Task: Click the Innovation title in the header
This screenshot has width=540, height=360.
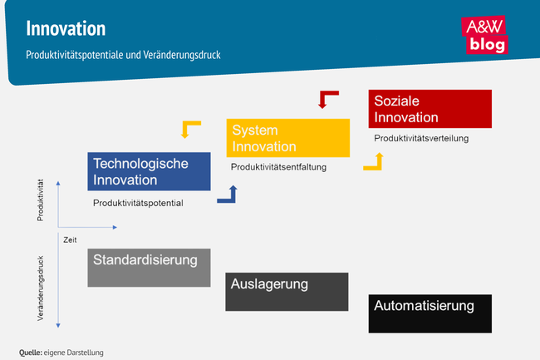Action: click(66, 28)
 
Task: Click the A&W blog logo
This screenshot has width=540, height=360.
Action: click(486, 36)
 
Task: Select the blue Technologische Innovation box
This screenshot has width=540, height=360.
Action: click(149, 171)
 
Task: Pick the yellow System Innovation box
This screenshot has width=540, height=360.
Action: click(287, 138)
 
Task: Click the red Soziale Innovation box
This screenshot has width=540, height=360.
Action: click(430, 109)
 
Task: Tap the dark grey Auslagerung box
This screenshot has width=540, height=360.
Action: click(287, 292)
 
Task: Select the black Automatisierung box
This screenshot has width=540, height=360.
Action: click(430, 313)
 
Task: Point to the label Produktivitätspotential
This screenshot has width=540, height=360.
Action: click(138, 203)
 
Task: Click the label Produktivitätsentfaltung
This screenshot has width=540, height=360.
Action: click(278, 167)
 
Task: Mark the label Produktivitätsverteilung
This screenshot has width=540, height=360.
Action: click(421, 138)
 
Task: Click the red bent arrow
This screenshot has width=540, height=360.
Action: click(330, 100)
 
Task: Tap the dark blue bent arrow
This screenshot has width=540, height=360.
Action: click(227, 195)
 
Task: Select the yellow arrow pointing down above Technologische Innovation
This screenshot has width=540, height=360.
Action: click(191, 129)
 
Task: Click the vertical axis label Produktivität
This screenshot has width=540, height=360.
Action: click(40, 200)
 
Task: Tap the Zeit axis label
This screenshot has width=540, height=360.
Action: click(70, 239)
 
